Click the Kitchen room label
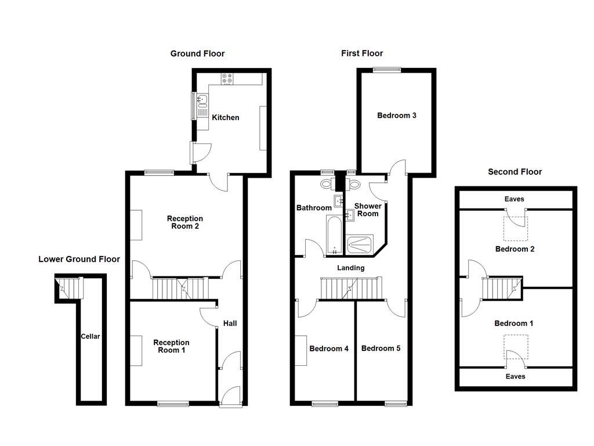coord(225,118)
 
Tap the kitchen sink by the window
coord(202,102)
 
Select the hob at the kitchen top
coord(227,78)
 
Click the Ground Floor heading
coord(197,53)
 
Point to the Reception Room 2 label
coord(185,222)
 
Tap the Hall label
coord(230,323)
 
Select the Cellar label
coord(90,336)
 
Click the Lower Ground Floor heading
coord(79,259)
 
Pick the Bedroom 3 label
coord(397,116)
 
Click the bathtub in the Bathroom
coord(335,235)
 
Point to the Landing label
coord(351,268)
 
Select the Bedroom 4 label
coord(329,349)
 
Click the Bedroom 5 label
coord(381,348)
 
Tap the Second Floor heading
coord(515,172)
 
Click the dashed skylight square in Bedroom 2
coord(515,228)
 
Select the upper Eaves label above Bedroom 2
coord(514,199)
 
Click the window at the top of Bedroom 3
coord(387,70)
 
